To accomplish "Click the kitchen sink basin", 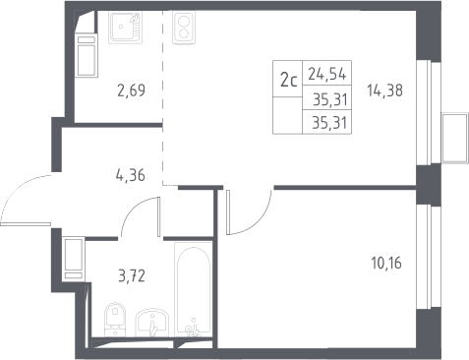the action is tap(126, 28).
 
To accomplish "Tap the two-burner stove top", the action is tap(184, 28).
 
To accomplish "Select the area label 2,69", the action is tap(131, 90).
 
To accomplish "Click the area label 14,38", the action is tap(384, 90).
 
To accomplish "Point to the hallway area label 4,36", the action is tap(130, 175).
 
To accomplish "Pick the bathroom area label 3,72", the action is tap(132, 276).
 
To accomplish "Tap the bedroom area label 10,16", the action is tap(386, 263).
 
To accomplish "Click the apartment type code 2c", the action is tap(288, 81).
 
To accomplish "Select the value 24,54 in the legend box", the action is tap(327, 74).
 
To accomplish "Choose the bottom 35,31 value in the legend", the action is tap(329, 123).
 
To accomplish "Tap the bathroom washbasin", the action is tap(152, 323).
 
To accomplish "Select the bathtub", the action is tap(193, 289).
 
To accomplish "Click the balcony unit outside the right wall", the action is tap(455, 138).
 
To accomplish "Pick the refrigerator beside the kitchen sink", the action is tap(87, 55).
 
